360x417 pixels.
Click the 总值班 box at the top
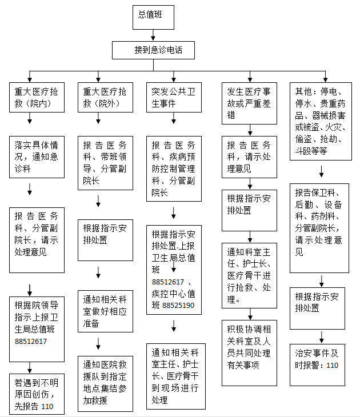coord(153,17)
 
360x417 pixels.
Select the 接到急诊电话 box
coord(153,50)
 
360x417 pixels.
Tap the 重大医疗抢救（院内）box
coord(37,97)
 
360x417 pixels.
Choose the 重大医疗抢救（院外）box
coord(105,97)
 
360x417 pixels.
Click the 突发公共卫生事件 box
coord(174,97)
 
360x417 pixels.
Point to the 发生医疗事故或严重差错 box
coord(249,103)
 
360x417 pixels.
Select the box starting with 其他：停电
coord(321,121)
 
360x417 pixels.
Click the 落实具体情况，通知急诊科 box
coord(37,157)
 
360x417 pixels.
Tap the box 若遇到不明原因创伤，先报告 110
coord(37,394)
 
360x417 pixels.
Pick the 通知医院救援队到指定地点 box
coord(105,384)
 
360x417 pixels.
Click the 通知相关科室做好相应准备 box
coord(105,311)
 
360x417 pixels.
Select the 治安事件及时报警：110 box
coord(317,365)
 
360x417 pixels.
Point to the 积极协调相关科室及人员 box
coord(249,353)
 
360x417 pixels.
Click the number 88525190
coord(178,305)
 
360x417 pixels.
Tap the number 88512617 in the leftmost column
coord(31,341)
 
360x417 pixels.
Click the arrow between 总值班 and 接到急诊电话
coord(153,35)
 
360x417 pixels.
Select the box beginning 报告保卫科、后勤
coord(319,228)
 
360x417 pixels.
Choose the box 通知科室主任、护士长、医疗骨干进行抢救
coord(249,275)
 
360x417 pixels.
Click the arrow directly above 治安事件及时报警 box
coord(322,337)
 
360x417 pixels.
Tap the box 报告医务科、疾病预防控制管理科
coord(174,169)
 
